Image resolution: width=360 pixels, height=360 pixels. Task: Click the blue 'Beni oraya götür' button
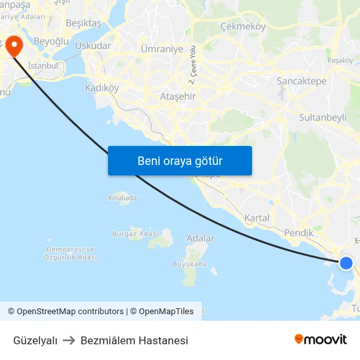click(180, 160)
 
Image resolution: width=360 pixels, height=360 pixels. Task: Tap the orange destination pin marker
click(13, 45)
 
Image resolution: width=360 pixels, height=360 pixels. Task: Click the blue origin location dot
click(346, 263)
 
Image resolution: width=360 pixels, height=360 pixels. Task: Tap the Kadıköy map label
click(102, 88)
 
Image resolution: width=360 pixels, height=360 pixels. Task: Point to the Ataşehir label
click(178, 96)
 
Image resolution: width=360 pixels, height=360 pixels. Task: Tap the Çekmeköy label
click(243, 27)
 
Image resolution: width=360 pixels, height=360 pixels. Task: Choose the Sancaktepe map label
click(302, 81)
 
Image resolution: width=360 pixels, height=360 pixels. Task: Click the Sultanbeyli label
click(322, 117)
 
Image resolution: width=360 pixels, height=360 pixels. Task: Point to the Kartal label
click(257, 217)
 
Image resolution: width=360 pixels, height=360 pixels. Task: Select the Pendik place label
click(298, 232)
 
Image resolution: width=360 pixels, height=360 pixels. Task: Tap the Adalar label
click(200, 238)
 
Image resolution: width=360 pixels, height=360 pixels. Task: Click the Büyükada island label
click(189, 264)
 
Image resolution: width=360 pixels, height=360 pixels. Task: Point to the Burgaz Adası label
click(132, 233)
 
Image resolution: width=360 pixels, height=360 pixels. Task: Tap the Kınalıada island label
click(122, 197)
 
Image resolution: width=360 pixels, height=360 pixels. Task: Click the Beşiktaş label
click(84, 23)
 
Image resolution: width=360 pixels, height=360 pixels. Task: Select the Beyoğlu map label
click(51, 41)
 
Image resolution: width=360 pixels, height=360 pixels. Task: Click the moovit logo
click(321, 340)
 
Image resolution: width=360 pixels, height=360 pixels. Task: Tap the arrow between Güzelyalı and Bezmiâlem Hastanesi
click(69, 340)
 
